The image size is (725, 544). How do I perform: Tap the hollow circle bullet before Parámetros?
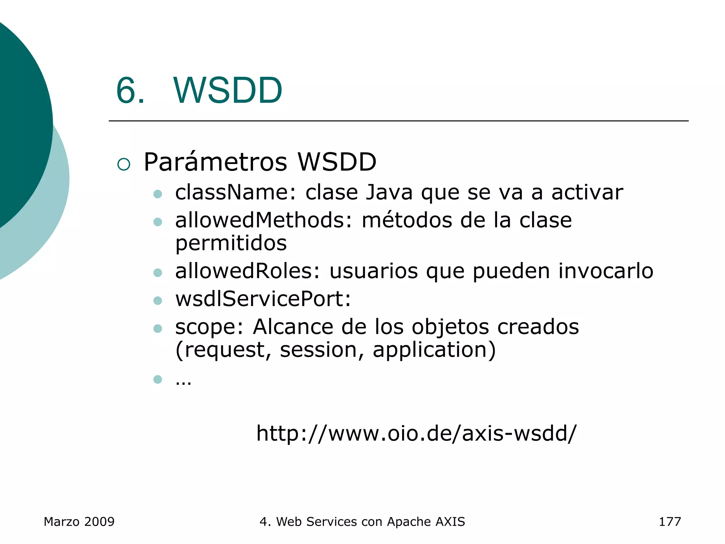pos(124,164)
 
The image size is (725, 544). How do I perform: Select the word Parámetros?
pos(215,162)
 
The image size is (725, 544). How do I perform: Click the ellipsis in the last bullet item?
pos(183,381)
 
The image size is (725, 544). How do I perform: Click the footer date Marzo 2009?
pos(79,522)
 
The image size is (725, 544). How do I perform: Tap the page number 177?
pos(669,522)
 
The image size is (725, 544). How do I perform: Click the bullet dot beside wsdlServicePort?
pos(158,301)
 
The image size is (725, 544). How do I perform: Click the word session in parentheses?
pos(318,350)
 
